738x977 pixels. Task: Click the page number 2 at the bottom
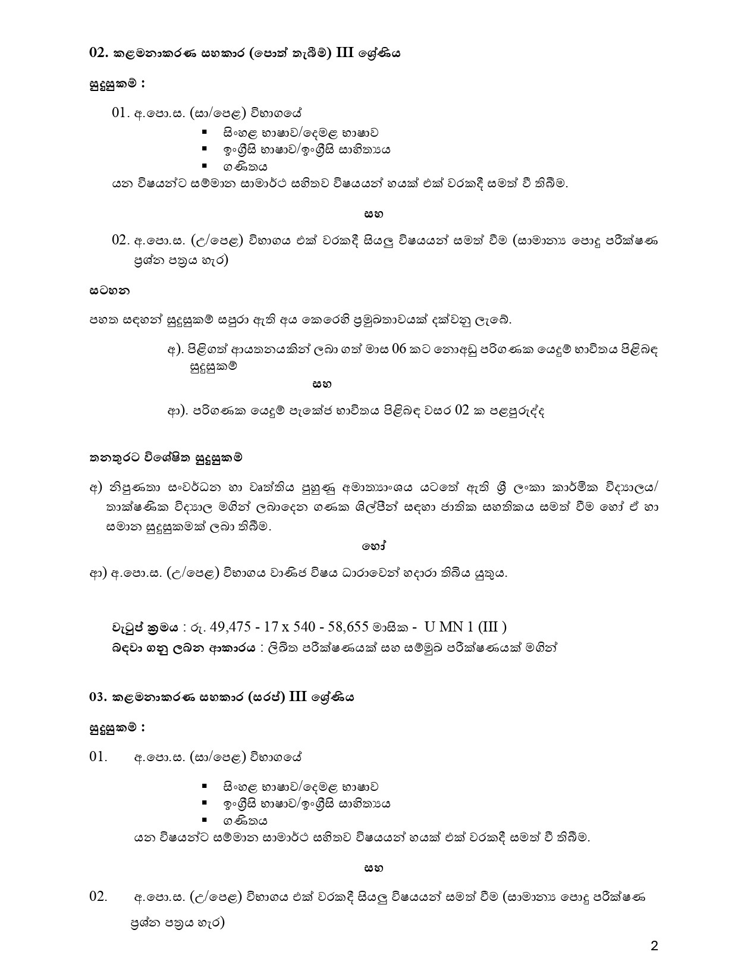pyautogui.click(x=654, y=947)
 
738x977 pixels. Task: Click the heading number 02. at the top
pyautogui.click(x=97, y=53)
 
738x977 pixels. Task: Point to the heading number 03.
pyautogui.click(x=97, y=698)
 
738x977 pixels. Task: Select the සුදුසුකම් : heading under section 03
pyautogui.click(x=117, y=727)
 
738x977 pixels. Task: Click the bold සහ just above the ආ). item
pyautogui.click(x=322, y=384)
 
